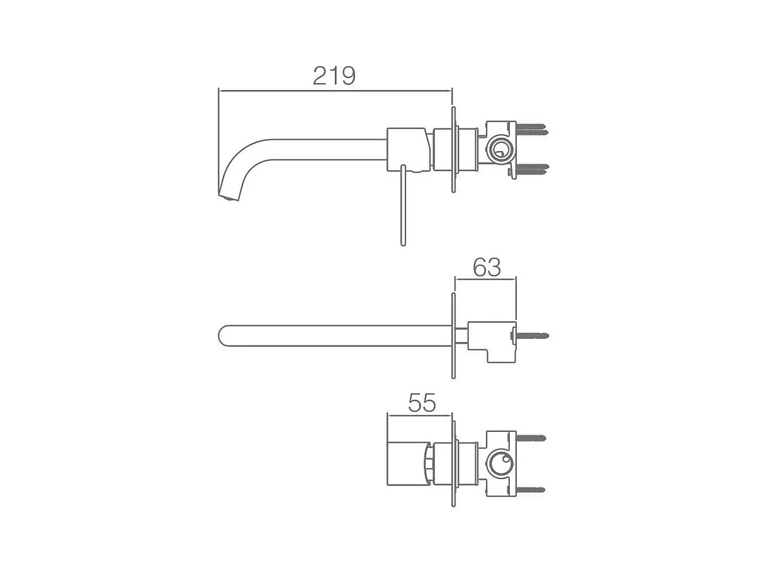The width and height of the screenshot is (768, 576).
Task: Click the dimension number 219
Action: (334, 75)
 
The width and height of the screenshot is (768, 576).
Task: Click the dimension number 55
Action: (422, 403)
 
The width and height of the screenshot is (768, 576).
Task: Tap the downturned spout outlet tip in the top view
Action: (229, 197)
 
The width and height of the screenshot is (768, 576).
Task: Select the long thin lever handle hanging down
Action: (403, 205)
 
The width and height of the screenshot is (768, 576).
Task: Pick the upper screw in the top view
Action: (531, 128)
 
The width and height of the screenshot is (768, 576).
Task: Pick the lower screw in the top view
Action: (532, 169)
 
